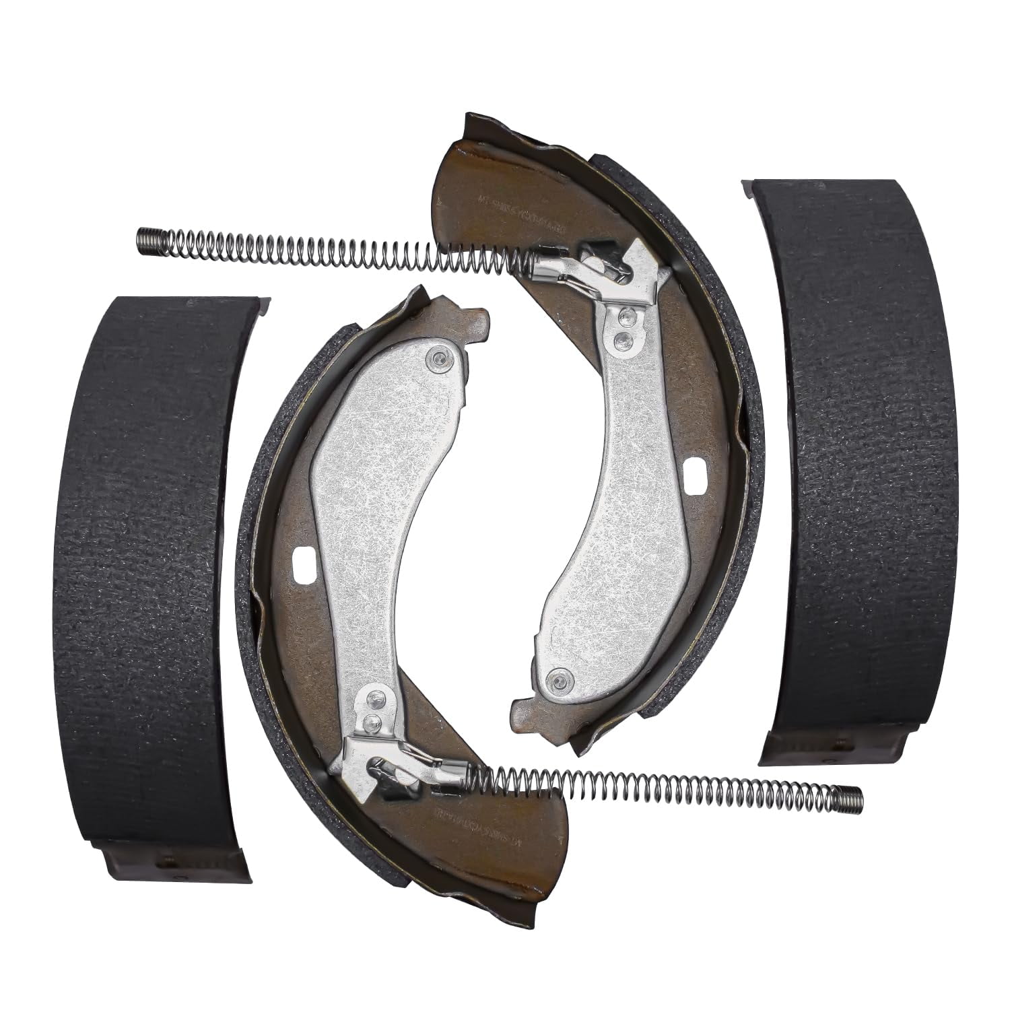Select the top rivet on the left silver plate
point(440,359)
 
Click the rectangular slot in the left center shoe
point(304,558)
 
